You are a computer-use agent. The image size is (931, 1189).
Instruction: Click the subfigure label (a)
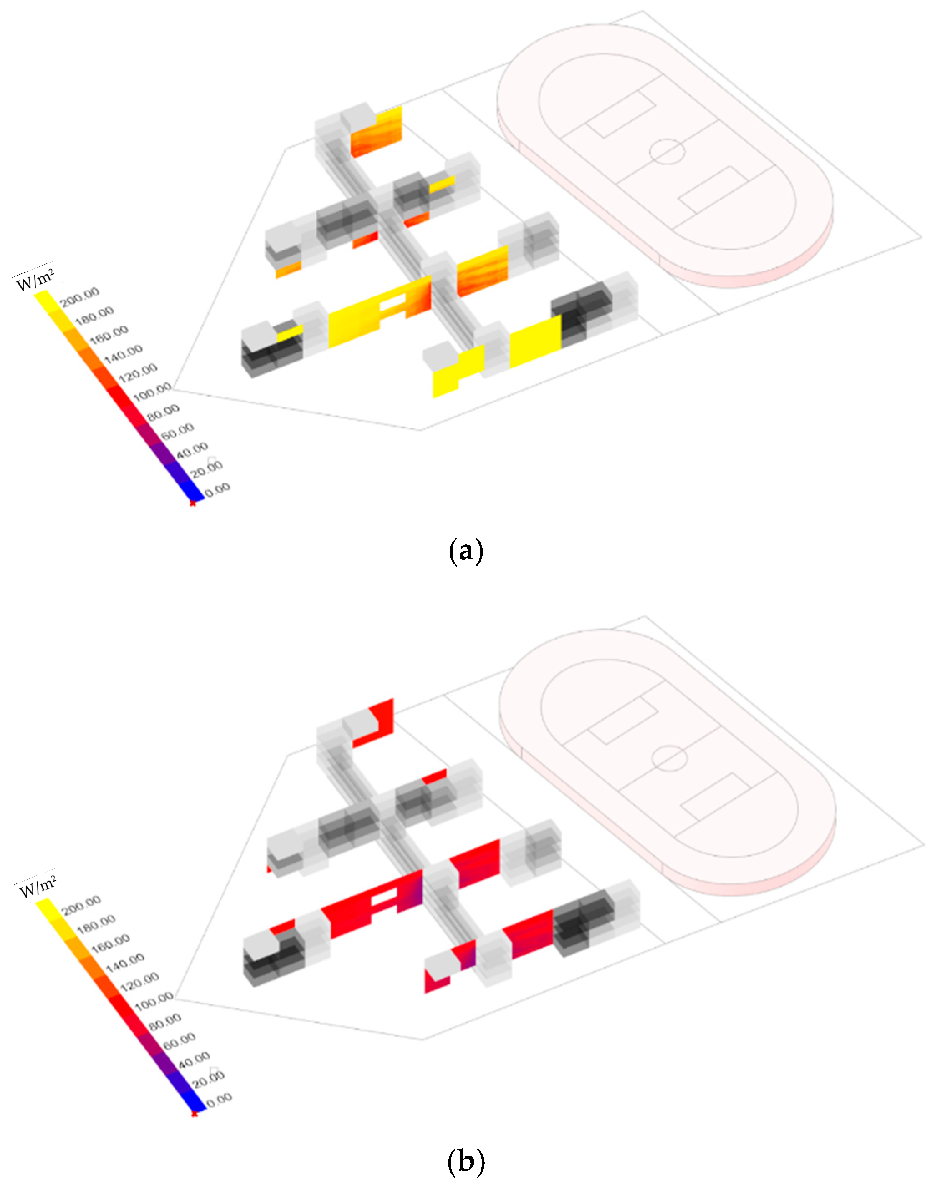(465, 551)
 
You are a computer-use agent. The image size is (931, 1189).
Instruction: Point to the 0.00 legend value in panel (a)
(218, 489)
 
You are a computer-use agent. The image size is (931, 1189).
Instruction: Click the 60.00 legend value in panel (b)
(179, 1041)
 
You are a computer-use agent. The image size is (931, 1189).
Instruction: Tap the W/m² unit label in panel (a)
(35, 279)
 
